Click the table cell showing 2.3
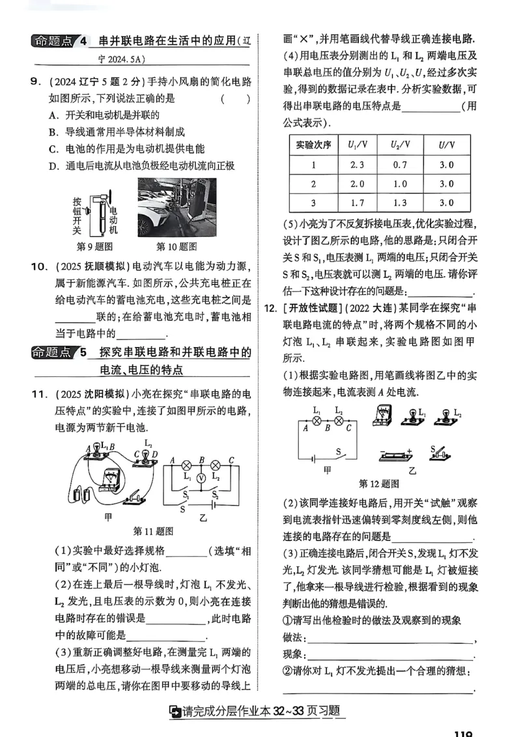(356, 165)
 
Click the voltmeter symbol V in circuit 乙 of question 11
(202, 477)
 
